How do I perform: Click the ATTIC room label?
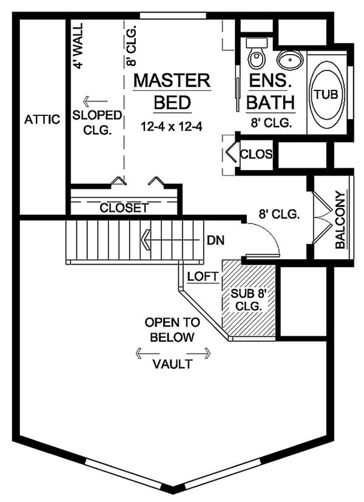pos(42,120)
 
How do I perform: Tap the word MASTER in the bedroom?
pos(172,81)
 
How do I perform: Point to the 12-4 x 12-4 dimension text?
pos(172,127)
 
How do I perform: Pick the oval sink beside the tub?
pos(291,60)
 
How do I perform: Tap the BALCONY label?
pos(340,220)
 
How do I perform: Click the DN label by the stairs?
pos(215,240)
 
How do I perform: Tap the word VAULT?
pos(172,365)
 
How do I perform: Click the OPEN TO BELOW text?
pos(170,330)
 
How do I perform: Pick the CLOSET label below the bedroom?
pos(124,208)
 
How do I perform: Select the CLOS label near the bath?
pos(256,154)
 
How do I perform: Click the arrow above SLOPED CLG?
pos(95,101)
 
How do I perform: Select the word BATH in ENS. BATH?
pos(270,101)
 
